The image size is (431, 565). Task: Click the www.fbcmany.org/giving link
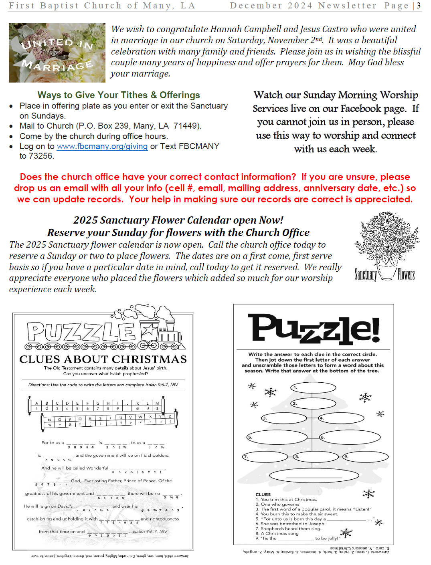[x=102, y=146]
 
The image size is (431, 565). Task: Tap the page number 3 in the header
[x=419, y=6]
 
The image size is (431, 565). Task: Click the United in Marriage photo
[x=57, y=53]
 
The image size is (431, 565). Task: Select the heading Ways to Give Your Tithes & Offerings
[x=119, y=95]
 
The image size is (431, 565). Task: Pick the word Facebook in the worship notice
[x=360, y=109]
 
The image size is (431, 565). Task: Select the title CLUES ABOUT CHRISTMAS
[x=103, y=359]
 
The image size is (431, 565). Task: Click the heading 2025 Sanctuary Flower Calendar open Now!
[x=178, y=220]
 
